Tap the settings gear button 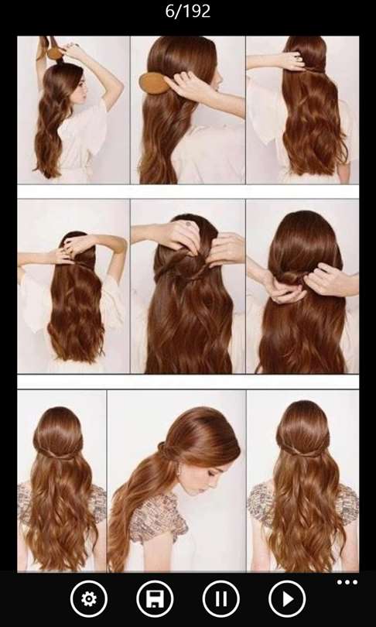click(x=88, y=598)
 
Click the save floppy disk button click(x=155, y=598)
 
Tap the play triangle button click(x=287, y=598)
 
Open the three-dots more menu click(x=347, y=582)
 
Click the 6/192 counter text click(x=188, y=11)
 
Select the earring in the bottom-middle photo click(x=177, y=474)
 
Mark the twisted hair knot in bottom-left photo click(x=57, y=454)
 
